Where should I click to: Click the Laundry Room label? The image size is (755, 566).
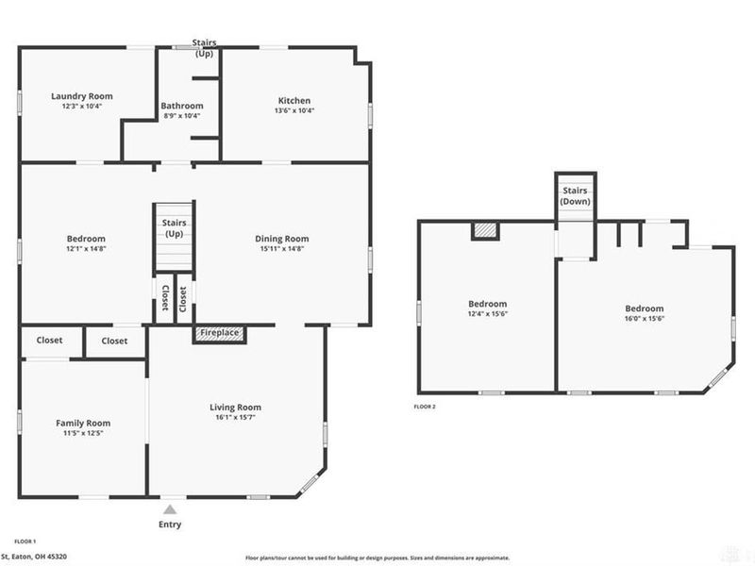pyautogui.click(x=82, y=96)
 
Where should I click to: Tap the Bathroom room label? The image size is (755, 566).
pyautogui.click(x=181, y=106)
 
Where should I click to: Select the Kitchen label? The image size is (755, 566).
pyautogui.click(x=294, y=101)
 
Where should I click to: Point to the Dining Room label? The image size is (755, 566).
pyautogui.click(x=282, y=239)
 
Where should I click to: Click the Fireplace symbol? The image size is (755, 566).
pyautogui.click(x=219, y=334)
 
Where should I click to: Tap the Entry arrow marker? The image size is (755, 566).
pyautogui.click(x=170, y=509)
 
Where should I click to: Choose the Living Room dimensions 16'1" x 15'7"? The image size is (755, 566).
pyautogui.click(x=234, y=417)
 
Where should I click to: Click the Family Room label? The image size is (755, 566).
pyautogui.click(x=83, y=424)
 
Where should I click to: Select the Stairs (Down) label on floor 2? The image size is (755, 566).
pyautogui.click(x=575, y=196)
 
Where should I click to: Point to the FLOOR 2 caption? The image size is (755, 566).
pyautogui.click(x=425, y=407)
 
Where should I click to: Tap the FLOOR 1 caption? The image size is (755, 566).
pyautogui.click(x=25, y=541)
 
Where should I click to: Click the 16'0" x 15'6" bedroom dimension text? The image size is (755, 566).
pyautogui.click(x=645, y=319)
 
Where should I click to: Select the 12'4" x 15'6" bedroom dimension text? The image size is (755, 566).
pyautogui.click(x=488, y=314)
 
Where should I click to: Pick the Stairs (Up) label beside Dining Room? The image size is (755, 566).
pyautogui.click(x=174, y=228)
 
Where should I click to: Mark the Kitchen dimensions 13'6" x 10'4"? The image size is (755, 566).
pyautogui.click(x=294, y=110)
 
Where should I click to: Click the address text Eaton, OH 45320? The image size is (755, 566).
pyautogui.click(x=40, y=557)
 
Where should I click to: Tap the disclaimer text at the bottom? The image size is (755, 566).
pyautogui.click(x=377, y=557)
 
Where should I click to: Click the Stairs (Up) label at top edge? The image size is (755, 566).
pyautogui.click(x=204, y=48)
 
